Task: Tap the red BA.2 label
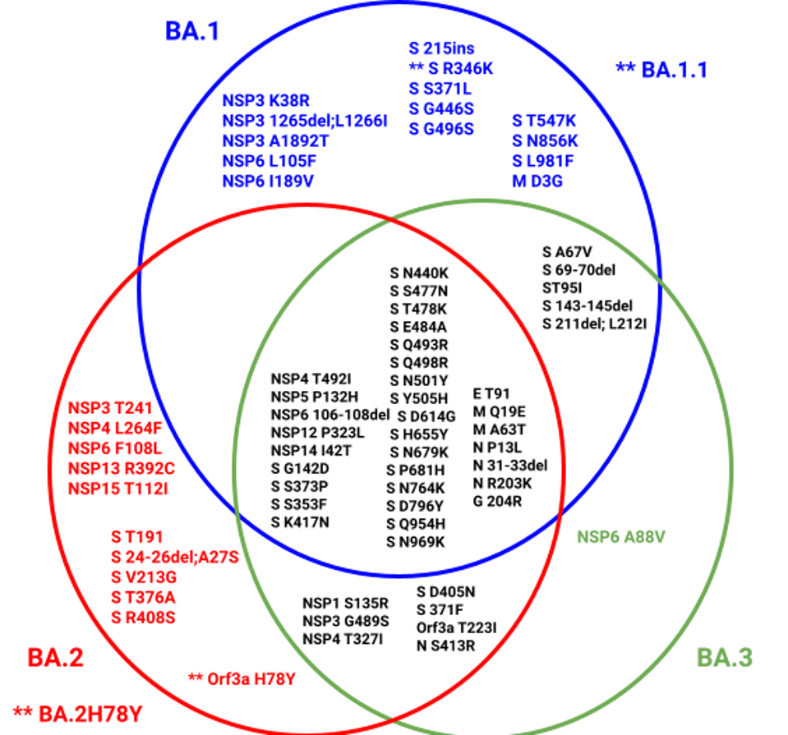(55, 657)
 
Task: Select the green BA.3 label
(725, 657)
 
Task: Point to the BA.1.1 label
(673, 70)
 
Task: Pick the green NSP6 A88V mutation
(621, 537)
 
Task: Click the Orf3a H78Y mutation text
(248, 678)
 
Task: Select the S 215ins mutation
(443, 48)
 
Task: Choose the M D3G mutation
(537, 181)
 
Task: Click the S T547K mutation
(546, 122)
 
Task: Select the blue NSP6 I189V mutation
(269, 181)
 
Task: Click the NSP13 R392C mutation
(121, 469)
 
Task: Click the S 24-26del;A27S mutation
(175, 558)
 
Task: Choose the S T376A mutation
(144, 597)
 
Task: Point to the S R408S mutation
(144, 618)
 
